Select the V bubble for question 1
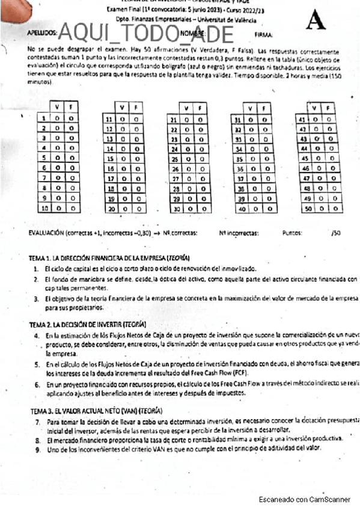58,119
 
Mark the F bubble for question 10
72,208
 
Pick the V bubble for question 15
123,159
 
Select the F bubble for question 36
265,170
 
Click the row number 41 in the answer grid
303,120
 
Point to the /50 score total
335,232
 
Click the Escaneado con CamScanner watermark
309,499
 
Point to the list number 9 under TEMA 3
38,449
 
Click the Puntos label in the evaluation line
292,232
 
